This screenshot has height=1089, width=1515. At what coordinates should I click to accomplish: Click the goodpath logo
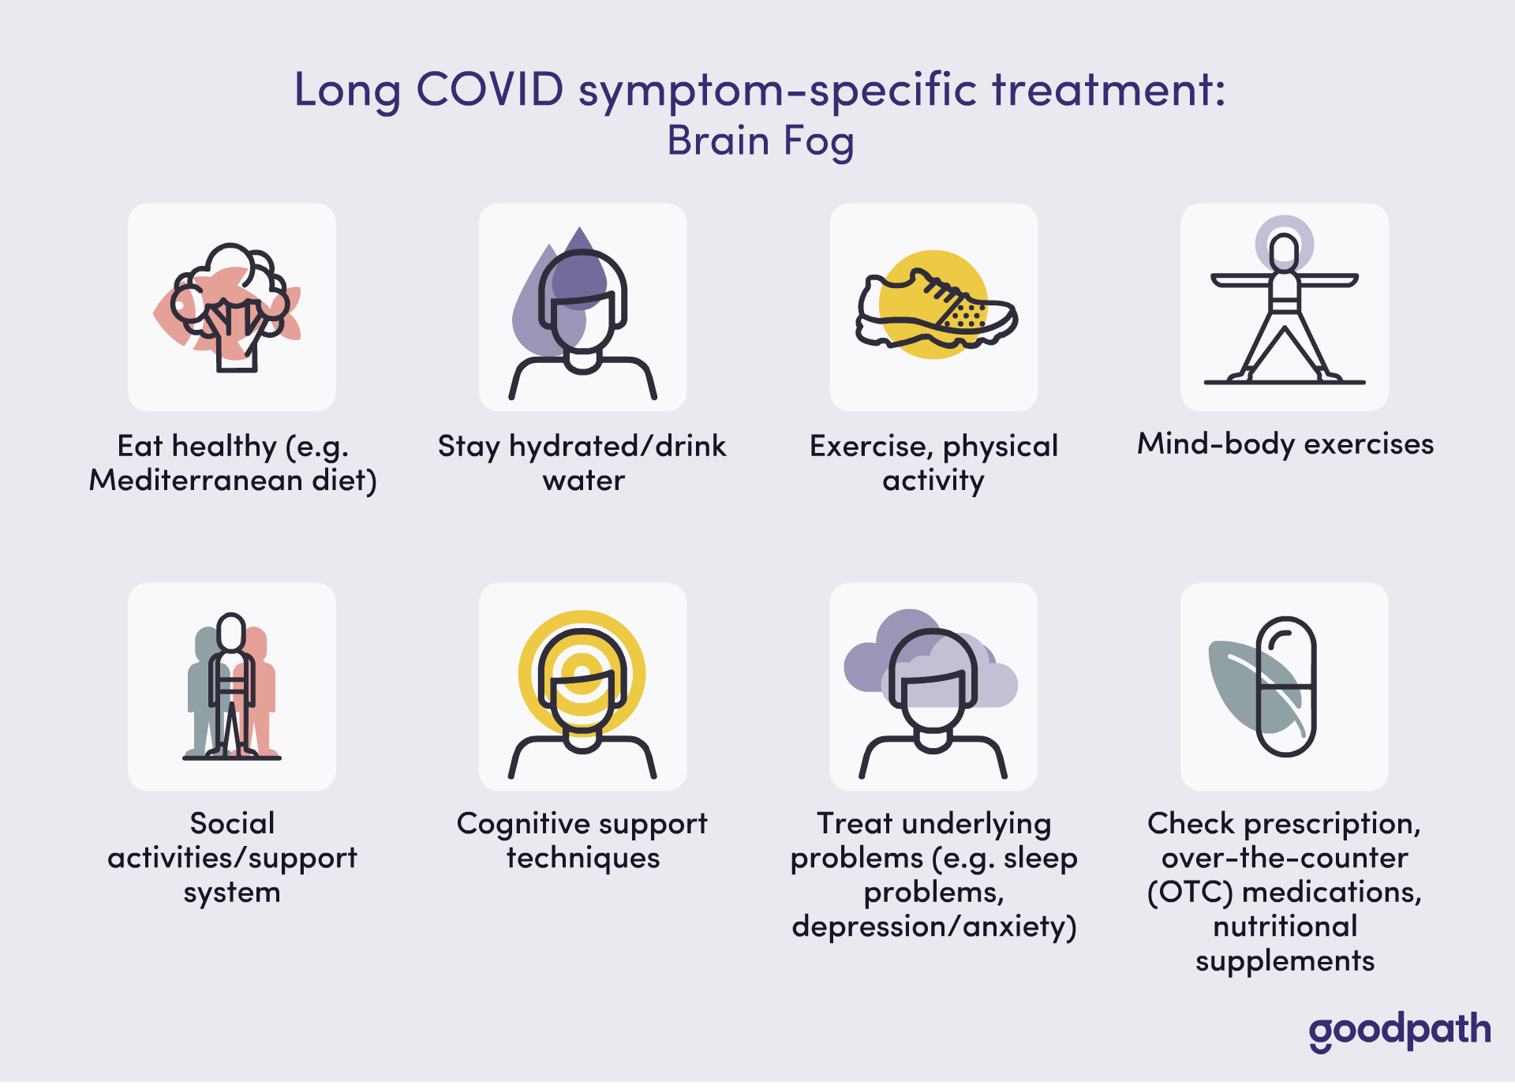[x=1400, y=1031]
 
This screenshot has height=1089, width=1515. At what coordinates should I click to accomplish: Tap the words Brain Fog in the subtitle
[x=761, y=142]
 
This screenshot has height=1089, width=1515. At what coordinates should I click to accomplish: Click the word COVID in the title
[x=490, y=89]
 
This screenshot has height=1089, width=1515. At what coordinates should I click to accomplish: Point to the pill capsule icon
[x=1286, y=687]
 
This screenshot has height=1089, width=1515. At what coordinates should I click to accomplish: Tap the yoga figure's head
[x=1285, y=250]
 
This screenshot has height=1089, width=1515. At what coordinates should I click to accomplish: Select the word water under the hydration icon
[x=583, y=481]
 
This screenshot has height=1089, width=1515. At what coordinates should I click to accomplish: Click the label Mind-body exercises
[x=1285, y=444]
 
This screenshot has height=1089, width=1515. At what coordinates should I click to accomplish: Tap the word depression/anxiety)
[x=934, y=926]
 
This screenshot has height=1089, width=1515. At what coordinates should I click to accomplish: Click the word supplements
[x=1285, y=962]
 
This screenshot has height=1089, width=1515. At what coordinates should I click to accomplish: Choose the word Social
[x=232, y=823]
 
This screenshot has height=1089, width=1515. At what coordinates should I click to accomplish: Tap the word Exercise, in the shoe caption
[x=873, y=447]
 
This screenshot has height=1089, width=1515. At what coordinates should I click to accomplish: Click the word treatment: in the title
[x=1109, y=89]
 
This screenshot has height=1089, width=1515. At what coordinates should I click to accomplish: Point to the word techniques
[x=583, y=859]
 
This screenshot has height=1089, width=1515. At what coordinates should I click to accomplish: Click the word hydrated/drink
[x=618, y=447]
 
